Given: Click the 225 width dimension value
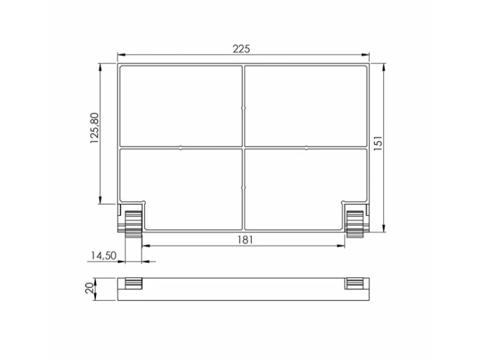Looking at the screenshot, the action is (241, 49).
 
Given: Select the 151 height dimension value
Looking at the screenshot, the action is (378, 143).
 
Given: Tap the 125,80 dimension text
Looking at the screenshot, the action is (95, 128).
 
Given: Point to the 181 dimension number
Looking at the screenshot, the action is (245, 239).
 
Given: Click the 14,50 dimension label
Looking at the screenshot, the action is (104, 256).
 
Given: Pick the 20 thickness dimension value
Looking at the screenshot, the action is (89, 289).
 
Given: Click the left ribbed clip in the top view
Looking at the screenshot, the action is (133, 224).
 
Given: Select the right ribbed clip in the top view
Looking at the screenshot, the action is (355, 224).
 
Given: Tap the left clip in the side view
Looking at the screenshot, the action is (133, 283).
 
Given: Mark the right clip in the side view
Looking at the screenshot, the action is (354, 283).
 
